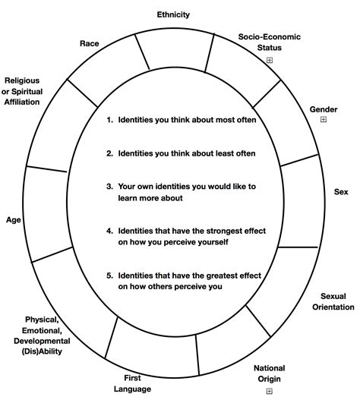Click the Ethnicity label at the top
pyautogui.click(x=173, y=14)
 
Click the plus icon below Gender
pyautogui.click(x=324, y=120)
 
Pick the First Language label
pyautogui.click(x=132, y=383)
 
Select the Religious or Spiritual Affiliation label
pyautogui.click(x=33, y=90)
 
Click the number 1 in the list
pyautogui.click(x=109, y=120)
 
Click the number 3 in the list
pyautogui.click(x=109, y=185)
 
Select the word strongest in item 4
pyautogui.click(x=208, y=231)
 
